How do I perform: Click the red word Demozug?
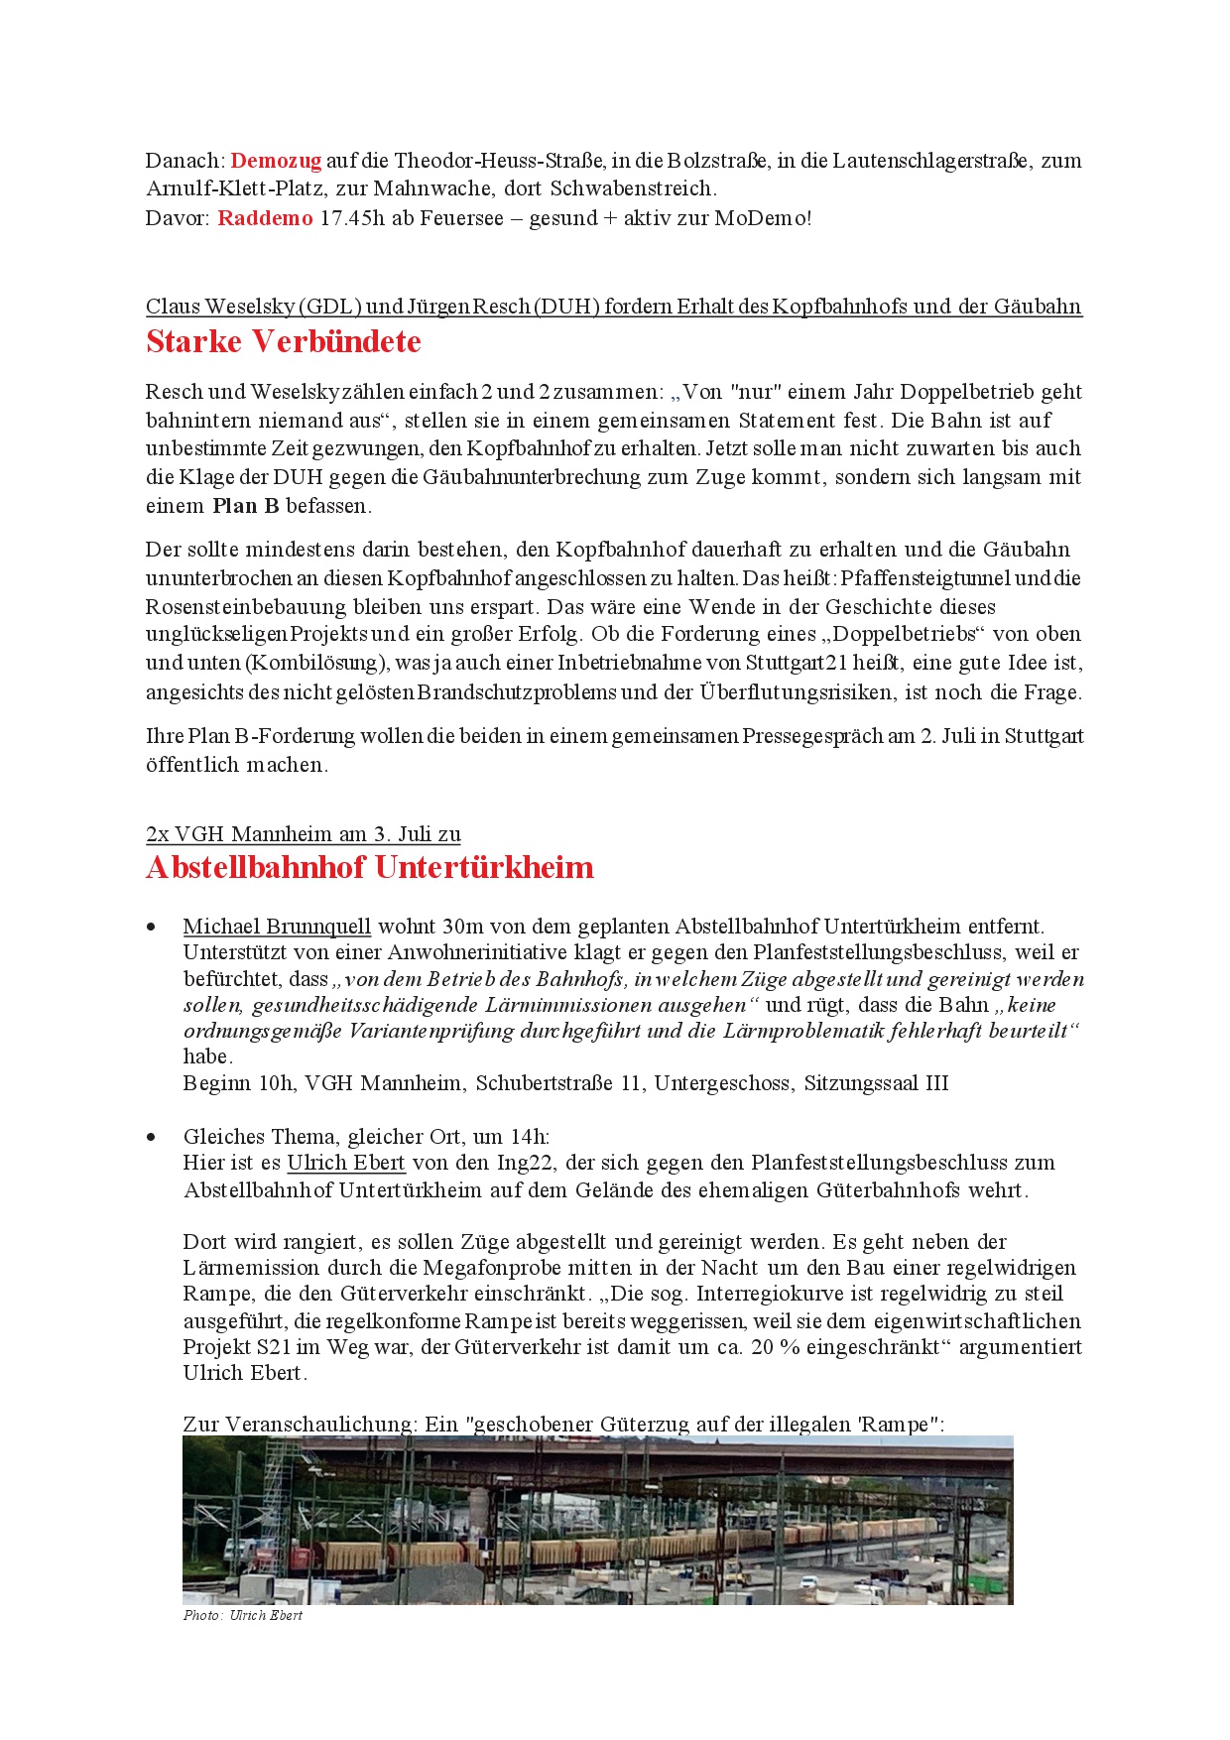tap(276, 161)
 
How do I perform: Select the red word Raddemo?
tap(265, 218)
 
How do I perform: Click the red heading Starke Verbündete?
tap(284, 341)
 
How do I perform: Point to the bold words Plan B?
tap(246, 506)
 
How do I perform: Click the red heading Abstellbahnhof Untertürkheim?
tap(369, 867)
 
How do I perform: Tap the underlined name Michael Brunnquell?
tap(277, 927)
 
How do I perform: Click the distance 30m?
tap(463, 927)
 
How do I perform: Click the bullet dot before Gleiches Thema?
tap(152, 1137)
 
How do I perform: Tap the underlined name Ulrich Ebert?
tap(346, 1163)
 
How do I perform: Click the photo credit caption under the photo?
tap(243, 1616)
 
